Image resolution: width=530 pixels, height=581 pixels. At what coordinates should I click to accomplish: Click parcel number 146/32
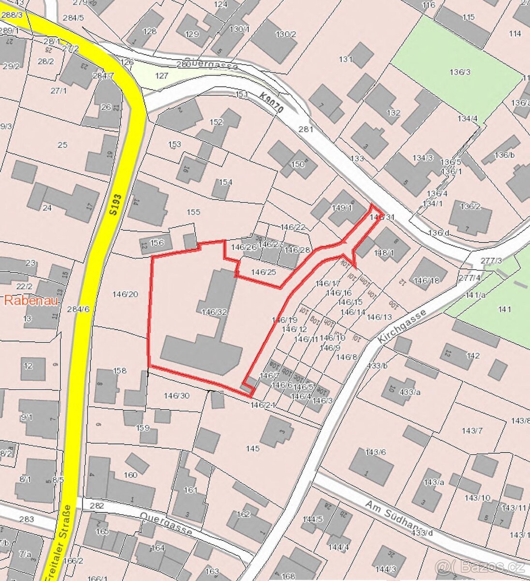(215, 312)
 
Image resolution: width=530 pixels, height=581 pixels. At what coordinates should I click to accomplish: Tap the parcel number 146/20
(125, 294)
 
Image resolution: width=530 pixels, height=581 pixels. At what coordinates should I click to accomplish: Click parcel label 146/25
(264, 272)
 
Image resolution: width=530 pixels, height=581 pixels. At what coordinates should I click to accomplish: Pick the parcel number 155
(193, 212)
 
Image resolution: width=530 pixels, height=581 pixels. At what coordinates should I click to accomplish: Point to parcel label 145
(252, 449)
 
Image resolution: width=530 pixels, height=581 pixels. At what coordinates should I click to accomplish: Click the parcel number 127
(162, 76)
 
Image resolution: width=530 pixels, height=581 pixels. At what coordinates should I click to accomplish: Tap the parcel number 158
(119, 371)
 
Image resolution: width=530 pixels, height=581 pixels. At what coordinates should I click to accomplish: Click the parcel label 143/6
(376, 452)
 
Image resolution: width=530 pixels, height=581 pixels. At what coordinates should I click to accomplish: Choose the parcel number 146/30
(177, 396)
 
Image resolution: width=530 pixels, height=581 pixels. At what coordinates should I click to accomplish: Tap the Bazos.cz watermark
(479, 566)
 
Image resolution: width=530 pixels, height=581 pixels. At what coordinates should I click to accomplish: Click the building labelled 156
(157, 243)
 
